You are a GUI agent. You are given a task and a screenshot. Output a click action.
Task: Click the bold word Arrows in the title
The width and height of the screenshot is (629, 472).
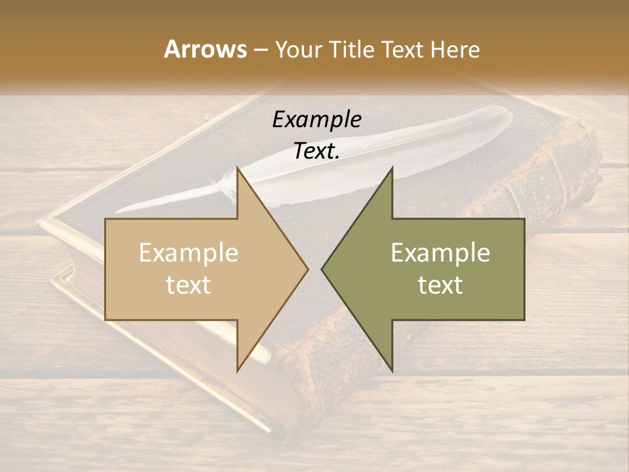[x=205, y=49]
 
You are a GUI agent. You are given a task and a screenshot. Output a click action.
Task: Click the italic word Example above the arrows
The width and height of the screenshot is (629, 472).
[x=317, y=119]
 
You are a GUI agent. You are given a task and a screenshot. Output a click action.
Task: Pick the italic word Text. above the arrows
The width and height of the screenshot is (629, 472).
[x=317, y=151]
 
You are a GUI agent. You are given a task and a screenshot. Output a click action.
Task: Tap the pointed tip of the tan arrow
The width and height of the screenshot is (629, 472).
[x=307, y=269]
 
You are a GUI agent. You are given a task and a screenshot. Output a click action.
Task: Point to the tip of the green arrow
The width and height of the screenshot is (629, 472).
[x=323, y=269]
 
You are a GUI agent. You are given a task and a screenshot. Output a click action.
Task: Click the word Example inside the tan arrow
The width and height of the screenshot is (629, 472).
[x=189, y=253]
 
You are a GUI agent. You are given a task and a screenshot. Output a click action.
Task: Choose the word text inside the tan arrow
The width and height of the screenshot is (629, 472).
[x=189, y=285]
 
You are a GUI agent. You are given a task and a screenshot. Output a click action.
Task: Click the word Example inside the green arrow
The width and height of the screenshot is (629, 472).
[x=440, y=253]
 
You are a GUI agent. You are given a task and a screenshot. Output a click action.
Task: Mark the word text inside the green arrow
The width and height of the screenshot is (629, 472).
[x=440, y=285]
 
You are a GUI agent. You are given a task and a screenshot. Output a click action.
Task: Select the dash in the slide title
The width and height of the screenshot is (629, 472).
[x=260, y=50]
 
